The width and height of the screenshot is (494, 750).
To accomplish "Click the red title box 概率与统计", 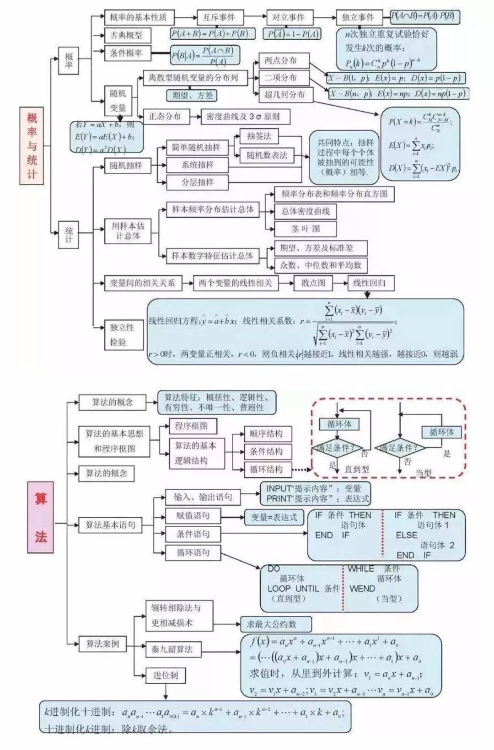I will tap(32, 145).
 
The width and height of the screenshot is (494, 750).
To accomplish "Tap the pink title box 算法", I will tap(41, 517).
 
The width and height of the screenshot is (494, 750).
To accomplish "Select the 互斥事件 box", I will tap(219, 17).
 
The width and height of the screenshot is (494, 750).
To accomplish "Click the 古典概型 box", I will tap(126, 35).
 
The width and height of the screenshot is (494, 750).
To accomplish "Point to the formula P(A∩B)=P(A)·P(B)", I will tap(423, 16).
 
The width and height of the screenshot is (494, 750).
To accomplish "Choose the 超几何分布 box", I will tap(285, 95).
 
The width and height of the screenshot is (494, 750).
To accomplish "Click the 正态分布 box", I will tap(165, 116).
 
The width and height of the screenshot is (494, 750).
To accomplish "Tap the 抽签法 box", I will tap(258, 136).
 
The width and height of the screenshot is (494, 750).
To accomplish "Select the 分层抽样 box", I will tap(197, 182).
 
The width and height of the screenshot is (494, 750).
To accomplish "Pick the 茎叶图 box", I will tap(306, 229).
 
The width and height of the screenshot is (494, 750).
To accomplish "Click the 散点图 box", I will tap(313, 283).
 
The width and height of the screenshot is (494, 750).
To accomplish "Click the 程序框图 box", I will tap(192, 426).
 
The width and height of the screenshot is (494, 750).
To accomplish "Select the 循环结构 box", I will tap(266, 469).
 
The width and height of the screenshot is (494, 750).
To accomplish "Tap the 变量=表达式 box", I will tap(274, 517).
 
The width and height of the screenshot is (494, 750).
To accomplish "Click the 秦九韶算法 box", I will tap(172, 649).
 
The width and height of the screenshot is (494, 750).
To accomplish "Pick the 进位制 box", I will tap(166, 675).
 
